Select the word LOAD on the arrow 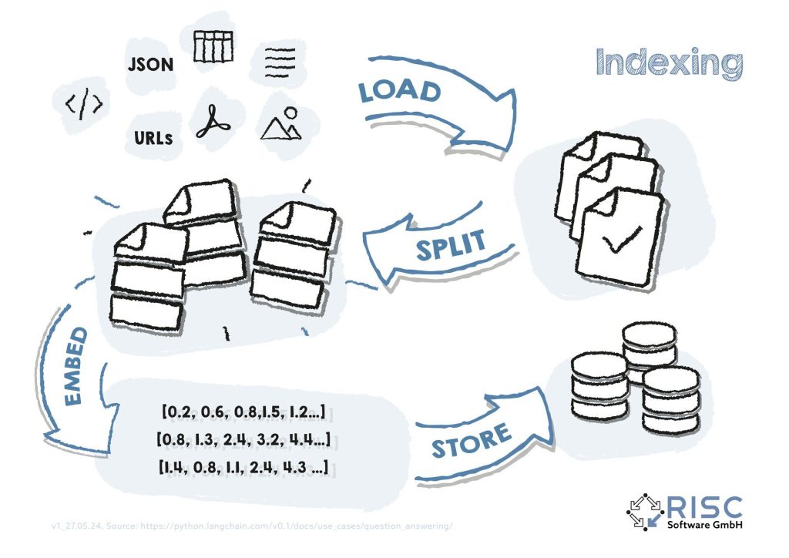click(x=399, y=92)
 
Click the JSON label click(x=151, y=65)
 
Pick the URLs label click(x=152, y=139)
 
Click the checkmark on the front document click(x=618, y=244)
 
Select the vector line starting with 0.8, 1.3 click(x=243, y=439)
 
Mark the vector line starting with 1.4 click(x=247, y=467)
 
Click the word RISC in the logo click(x=702, y=508)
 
